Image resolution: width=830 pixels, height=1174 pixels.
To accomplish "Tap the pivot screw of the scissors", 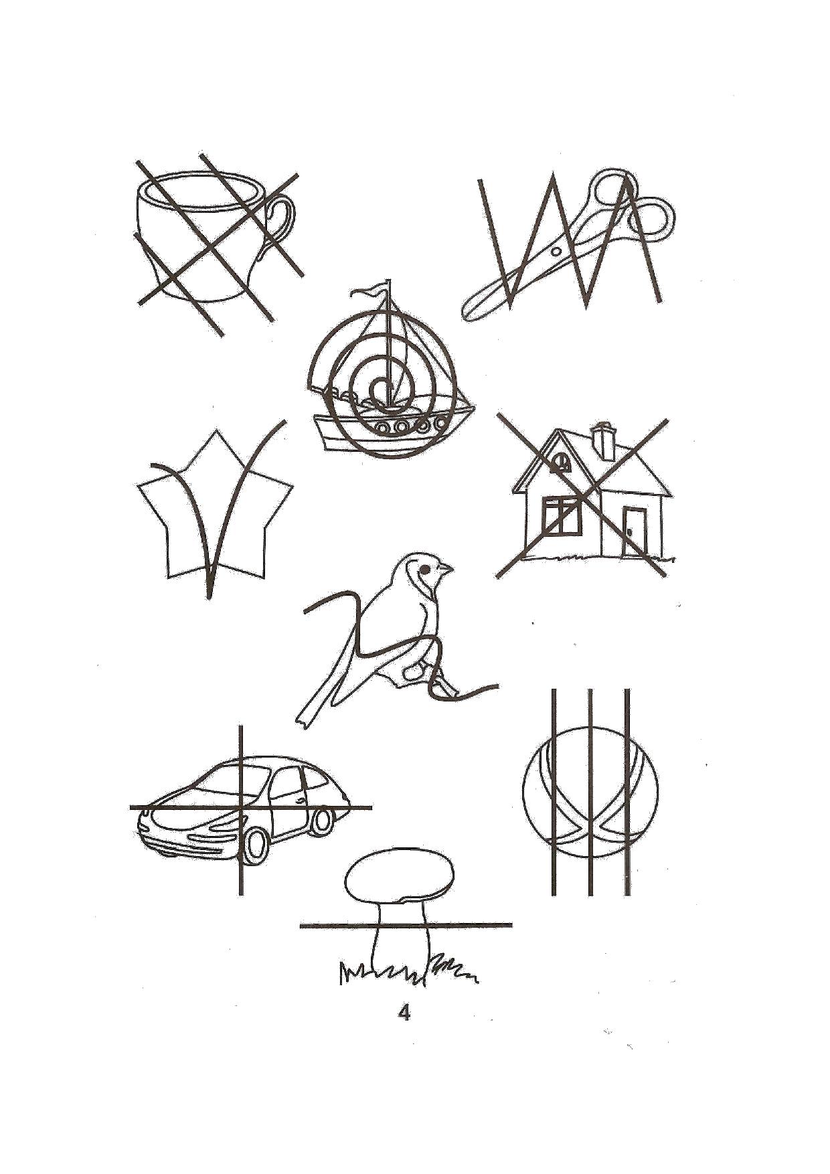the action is click(554, 251).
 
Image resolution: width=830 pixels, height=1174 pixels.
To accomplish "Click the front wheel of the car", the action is click(256, 846).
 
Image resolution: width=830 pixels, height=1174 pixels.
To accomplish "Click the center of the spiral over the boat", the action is click(382, 388).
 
